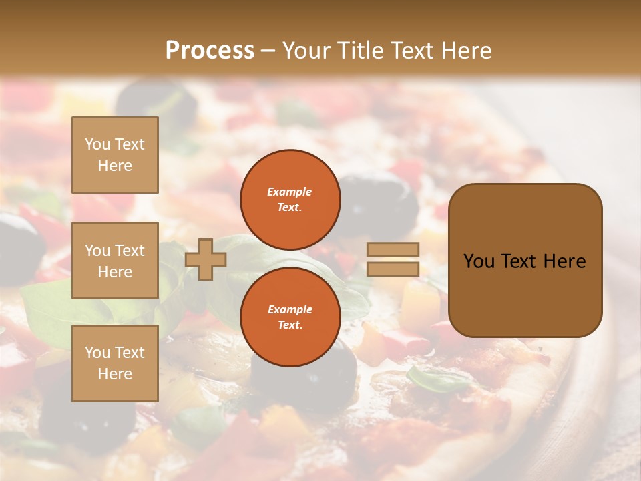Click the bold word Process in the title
pos(210,51)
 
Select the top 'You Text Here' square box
pos(115,155)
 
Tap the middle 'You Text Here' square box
pos(115,261)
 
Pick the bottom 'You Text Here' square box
pos(115,363)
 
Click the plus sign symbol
pos(205,259)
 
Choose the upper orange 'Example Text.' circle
pos(290,200)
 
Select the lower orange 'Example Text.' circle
pos(290,317)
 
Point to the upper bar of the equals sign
pos(393,249)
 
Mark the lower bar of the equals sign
pos(393,269)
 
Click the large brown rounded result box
pos(525,260)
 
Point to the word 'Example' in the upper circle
pos(290,192)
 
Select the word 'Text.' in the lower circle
pos(290,325)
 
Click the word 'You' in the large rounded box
pos(479,261)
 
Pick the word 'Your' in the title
pos(307,51)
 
